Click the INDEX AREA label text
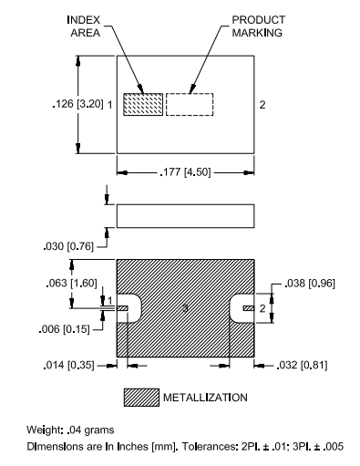coord(84,26)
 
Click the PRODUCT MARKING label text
coord(259,26)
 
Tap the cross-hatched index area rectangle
coord(143,104)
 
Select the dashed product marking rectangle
coord(190,104)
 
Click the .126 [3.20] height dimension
coord(78,104)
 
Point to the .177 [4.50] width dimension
coord(185,172)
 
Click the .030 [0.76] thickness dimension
coord(68,246)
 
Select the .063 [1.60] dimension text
coord(72,283)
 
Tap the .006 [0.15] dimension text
coord(64,329)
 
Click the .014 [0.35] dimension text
coord(69,365)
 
